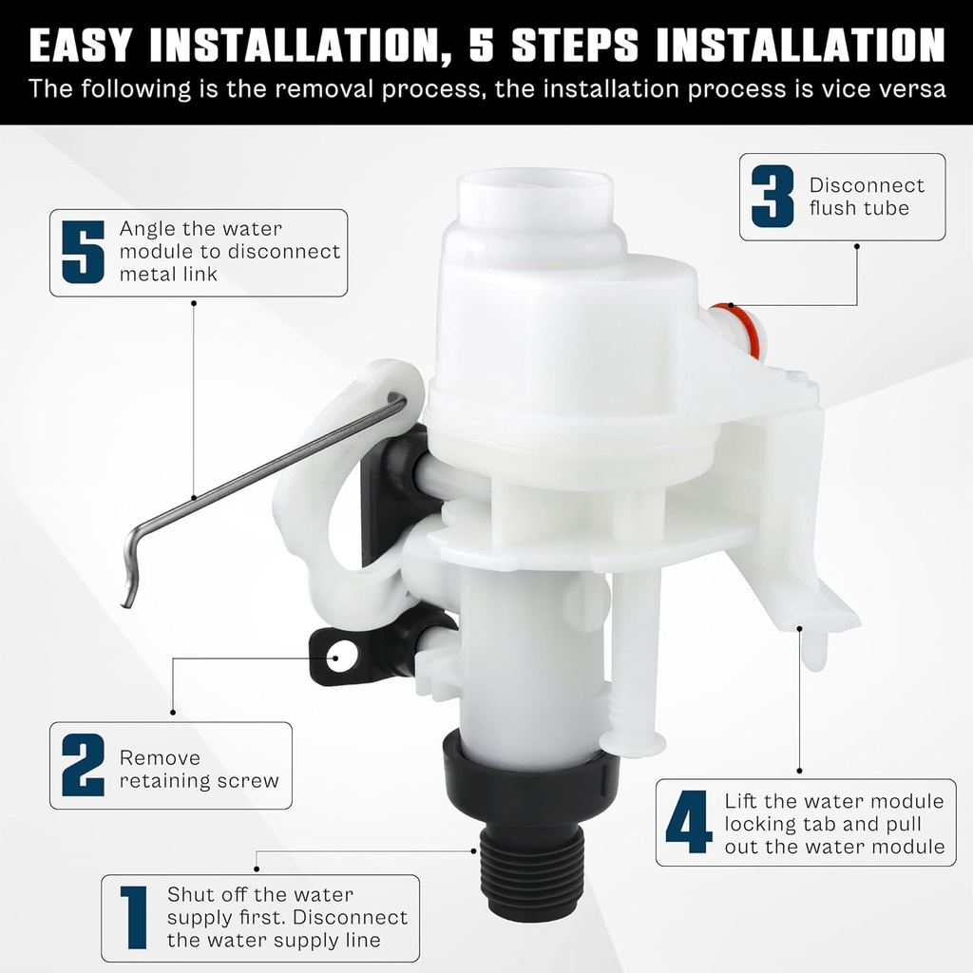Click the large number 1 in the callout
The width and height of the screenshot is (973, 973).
point(133,918)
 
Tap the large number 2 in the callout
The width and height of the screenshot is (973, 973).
point(83,765)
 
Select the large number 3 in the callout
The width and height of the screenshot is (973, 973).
point(773,197)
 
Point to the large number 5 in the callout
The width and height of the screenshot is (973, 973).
point(83,252)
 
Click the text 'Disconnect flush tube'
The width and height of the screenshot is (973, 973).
point(866,197)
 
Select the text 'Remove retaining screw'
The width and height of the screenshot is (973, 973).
point(199,770)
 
